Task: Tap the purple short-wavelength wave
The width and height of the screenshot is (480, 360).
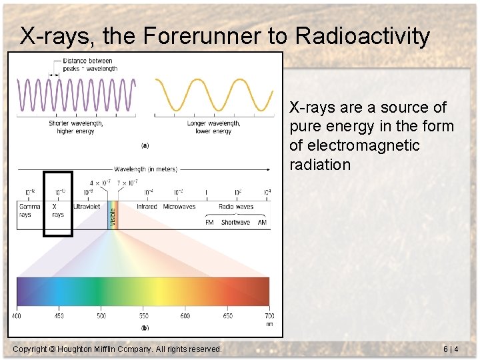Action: click(76, 95)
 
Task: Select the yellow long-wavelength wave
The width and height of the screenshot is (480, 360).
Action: click(213, 95)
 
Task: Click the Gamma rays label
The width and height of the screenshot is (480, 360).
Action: click(29, 211)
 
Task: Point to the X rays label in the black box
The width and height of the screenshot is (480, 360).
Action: click(58, 211)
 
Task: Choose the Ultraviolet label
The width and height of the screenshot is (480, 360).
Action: click(87, 207)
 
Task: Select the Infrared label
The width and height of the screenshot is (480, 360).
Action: click(147, 207)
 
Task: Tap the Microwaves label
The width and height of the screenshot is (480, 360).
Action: click(179, 207)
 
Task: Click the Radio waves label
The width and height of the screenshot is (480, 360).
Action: click(235, 207)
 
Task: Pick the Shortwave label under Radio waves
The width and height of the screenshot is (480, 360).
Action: click(235, 222)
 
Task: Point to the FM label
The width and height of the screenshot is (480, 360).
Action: click(209, 222)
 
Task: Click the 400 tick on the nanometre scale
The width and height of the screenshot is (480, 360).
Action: click(16, 315)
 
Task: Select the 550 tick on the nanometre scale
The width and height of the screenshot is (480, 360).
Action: click(143, 315)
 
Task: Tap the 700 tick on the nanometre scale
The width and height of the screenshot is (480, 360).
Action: click(269, 315)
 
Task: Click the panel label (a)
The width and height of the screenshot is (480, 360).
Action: click(145, 145)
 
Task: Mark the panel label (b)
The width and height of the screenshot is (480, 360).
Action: click(145, 327)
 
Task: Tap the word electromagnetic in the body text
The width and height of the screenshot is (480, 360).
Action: click(355, 145)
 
